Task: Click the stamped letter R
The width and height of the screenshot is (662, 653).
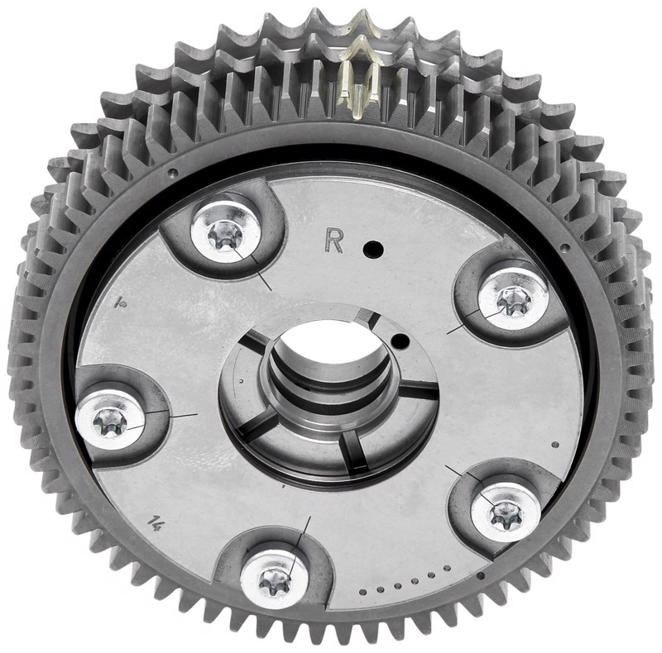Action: coord(333,240)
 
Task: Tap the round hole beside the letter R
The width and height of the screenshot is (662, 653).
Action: coord(373,248)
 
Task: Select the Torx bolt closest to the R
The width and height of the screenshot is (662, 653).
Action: coord(226,234)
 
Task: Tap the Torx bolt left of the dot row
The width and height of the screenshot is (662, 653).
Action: coord(275,581)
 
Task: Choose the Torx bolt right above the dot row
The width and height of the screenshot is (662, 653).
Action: coord(506,512)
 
